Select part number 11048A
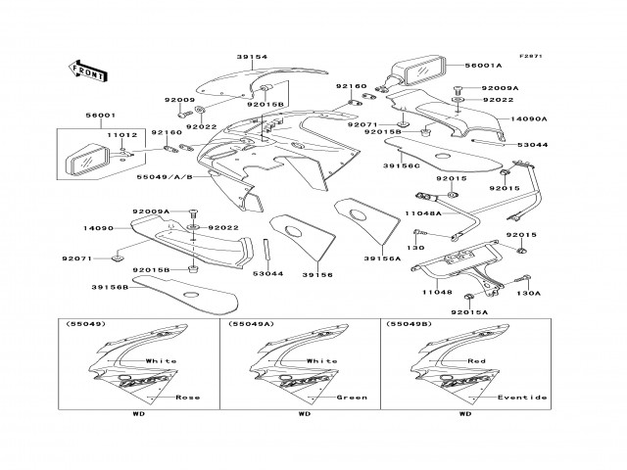[424, 212]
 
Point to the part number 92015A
[469, 311]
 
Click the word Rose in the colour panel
[187, 398]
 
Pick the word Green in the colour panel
[351, 398]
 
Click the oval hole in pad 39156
[293, 232]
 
